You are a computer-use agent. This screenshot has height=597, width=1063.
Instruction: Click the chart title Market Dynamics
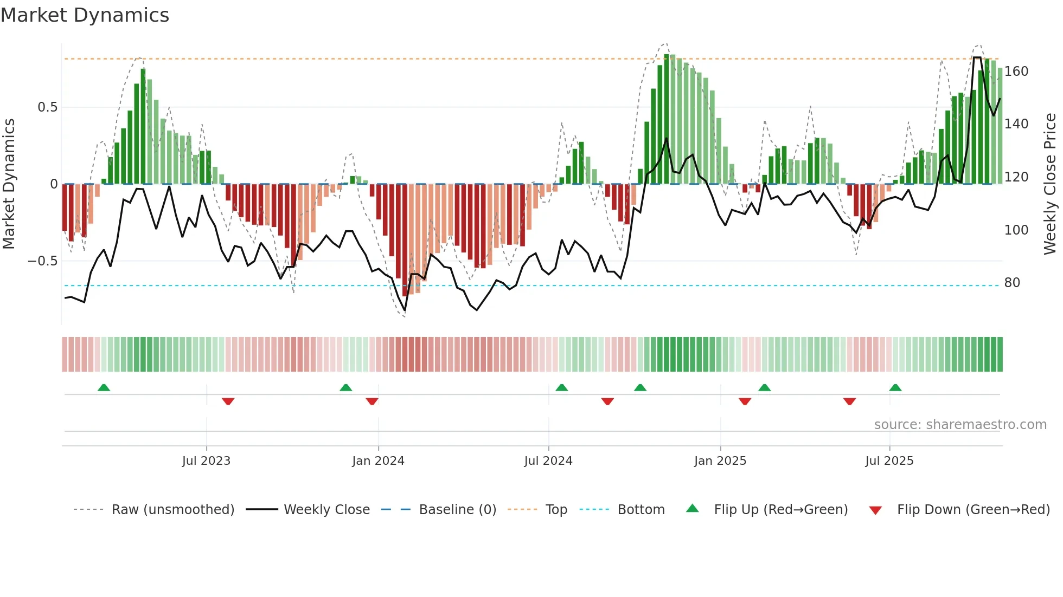85,15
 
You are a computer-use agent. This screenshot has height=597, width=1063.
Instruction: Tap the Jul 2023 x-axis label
206,461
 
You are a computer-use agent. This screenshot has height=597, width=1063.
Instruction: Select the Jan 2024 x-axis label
378,461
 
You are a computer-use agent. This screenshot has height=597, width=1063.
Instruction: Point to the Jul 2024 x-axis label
548,461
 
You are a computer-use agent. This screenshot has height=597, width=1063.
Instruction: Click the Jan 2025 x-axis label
720,461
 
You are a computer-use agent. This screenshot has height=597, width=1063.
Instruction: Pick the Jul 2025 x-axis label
889,461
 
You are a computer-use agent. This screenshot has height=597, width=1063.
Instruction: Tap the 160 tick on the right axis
1016,72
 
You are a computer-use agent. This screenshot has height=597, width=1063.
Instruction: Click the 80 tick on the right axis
1012,283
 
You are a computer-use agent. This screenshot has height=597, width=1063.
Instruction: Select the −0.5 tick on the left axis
43,261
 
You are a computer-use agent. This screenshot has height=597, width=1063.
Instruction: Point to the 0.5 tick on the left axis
48,107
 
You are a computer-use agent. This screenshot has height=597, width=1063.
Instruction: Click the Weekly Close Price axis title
1050,184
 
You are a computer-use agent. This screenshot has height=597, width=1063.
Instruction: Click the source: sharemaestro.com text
960,425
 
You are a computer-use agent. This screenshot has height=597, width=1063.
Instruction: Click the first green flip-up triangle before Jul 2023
104,387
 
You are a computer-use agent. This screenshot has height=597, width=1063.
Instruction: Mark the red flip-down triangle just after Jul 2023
228,401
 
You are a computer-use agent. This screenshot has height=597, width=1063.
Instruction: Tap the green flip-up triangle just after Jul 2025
895,387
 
